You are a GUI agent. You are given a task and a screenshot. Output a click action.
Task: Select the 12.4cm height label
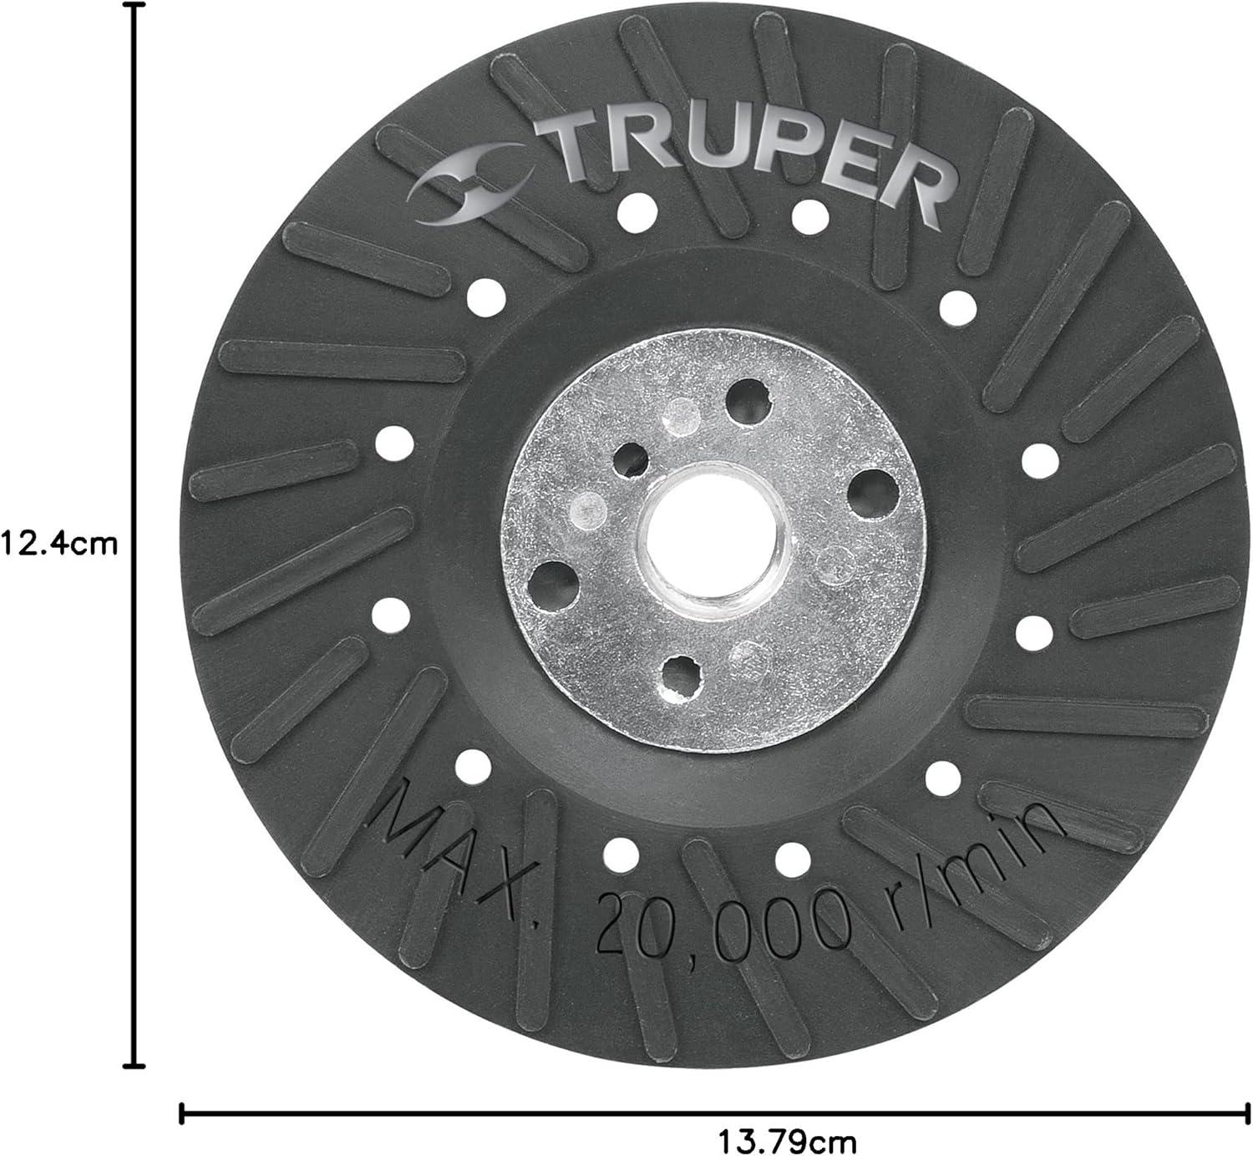[59, 543]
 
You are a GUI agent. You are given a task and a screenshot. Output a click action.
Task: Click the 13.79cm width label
[788, 1141]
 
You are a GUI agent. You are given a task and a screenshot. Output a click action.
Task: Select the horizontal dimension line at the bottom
[715, 1113]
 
